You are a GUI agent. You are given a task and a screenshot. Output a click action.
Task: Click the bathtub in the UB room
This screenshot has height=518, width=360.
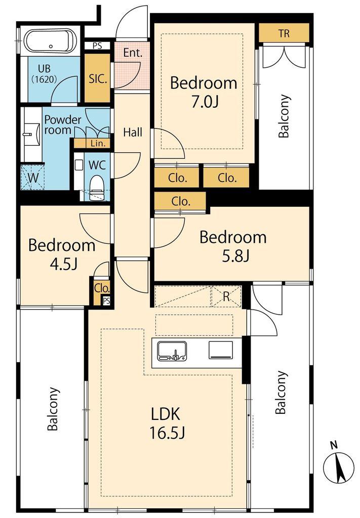pyautogui.click(x=51, y=41)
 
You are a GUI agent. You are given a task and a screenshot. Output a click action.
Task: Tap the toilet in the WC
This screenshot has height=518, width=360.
pyautogui.click(x=97, y=187)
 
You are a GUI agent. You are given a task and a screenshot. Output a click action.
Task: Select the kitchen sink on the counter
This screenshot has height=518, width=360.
pyautogui.click(x=172, y=351)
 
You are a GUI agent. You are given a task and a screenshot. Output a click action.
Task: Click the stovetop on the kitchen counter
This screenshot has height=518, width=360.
pyautogui.click(x=220, y=350)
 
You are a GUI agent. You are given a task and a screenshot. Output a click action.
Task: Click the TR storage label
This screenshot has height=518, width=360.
pyautogui.click(x=284, y=33)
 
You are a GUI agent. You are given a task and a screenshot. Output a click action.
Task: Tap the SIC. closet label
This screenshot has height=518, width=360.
pyautogui.click(x=98, y=78)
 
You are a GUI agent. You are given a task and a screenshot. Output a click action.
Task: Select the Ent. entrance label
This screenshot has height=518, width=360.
pyautogui.click(x=133, y=53)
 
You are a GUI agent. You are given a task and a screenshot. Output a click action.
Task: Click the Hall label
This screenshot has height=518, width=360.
pyautogui.click(x=133, y=133)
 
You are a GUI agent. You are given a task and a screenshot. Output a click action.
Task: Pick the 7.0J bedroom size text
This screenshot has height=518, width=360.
pyautogui.click(x=205, y=102)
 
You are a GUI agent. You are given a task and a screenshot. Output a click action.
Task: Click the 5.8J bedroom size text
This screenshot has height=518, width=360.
pyautogui.click(x=235, y=256)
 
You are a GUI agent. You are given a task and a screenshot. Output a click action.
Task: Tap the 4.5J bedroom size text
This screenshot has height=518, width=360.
pyautogui.click(x=63, y=264)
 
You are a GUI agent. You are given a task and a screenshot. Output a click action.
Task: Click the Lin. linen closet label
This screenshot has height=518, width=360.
pyautogui.click(x=98, y=143)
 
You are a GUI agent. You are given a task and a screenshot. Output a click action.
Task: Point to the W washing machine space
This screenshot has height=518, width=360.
pyautogui.click(x=33, y=178)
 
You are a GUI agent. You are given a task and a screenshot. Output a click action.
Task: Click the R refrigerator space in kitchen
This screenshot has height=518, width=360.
pyautogui.click(x=226, y=296)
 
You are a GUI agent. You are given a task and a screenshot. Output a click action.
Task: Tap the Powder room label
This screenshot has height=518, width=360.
pyautogui.click(x=62, y=124)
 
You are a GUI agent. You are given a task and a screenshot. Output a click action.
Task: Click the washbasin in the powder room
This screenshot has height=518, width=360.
pyautogui.click(x=32, y=134)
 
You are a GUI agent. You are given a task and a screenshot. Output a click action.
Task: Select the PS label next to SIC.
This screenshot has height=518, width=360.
pyautogui.click(x=97, y=46)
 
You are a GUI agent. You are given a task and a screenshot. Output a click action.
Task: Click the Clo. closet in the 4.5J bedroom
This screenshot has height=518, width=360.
pyautogui.click(x=102, y=288)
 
